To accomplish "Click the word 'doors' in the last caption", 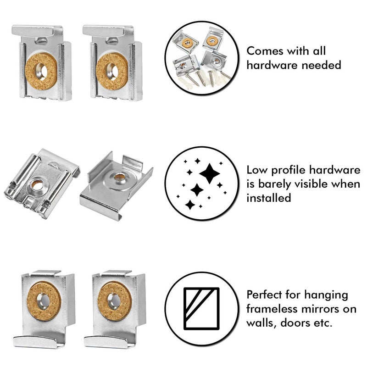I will tap(299, 323).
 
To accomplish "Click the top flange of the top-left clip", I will tap(38, 31).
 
